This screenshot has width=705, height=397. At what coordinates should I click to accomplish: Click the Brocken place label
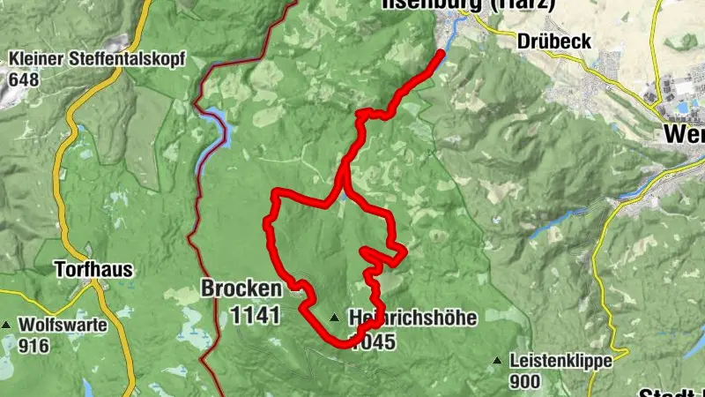[241, 288]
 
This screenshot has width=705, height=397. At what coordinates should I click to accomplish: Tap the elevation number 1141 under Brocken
[255, 314]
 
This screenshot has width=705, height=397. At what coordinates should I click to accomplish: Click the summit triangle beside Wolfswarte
[7, 326]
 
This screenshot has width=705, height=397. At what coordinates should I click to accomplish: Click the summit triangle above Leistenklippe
[498, 360]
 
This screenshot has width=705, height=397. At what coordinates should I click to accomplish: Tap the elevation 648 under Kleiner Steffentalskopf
[26, 79]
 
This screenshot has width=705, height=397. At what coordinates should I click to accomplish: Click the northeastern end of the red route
[441, 53]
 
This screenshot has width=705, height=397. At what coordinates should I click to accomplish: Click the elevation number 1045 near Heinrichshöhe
[372, 343]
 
